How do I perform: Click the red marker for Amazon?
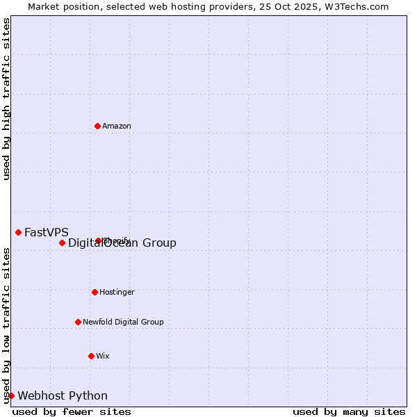pos(97,126)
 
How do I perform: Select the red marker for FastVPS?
pos(18,232)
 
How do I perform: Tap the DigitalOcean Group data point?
pos(62,243)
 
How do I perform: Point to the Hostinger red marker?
pos(95,292)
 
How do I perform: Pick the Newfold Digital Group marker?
pos(78,322)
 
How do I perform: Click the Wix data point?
pos(91,356)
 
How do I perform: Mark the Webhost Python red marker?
pos(11,395)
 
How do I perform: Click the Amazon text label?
pos(117,126)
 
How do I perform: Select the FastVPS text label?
pos(47,232)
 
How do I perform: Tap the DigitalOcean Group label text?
pos(122,243)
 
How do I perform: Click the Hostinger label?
pos(117,292)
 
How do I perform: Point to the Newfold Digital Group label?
pos(123,322)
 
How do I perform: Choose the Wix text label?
pos(103,356)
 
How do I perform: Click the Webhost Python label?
pos(63,395)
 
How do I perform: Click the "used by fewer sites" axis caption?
pos(72,411)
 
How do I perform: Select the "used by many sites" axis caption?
pos(349,411)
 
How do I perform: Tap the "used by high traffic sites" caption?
pos(6,99)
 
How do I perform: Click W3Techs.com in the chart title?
pos(357,6)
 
